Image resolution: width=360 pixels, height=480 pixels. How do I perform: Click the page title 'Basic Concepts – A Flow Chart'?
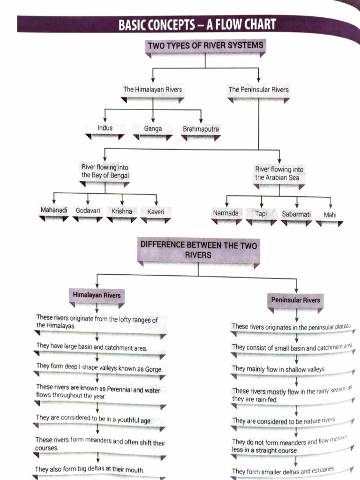click(x=197, y=24)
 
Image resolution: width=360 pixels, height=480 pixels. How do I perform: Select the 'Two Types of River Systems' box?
click(x=205, y=46)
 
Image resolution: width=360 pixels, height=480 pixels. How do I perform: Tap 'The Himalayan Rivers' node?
click(x=152, y=89)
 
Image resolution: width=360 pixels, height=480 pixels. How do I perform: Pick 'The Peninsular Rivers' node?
click(x=258, y=89)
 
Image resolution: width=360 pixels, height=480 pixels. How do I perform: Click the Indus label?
click(x=105, y=128)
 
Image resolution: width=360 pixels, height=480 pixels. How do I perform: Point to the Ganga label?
click(x=153, y=128)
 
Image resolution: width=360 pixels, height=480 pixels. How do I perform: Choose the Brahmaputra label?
click(x=201, y=129)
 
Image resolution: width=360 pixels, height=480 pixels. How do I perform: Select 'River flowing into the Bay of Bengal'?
click(x=105, y=172)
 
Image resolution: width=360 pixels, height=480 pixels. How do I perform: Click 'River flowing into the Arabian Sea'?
click(x=279, y=173)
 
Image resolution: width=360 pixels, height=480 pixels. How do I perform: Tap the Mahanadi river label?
click(x=54, y=211)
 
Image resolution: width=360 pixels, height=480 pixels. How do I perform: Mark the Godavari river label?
click(x=88, y=211)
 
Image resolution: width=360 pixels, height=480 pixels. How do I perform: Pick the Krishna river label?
click(x=122, y=211)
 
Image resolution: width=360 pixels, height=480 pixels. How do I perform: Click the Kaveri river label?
click(x=156, y=212)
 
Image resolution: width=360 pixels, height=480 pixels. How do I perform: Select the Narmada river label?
click(x=226, y=213)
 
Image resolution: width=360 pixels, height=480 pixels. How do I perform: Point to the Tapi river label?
click(x=261, y=213)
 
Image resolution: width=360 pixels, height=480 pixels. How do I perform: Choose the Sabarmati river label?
click(x=296, y=214)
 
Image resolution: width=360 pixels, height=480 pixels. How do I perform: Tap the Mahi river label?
click(x=330, y=215)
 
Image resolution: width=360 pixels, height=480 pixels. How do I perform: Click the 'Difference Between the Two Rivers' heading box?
click(x=198, y=250)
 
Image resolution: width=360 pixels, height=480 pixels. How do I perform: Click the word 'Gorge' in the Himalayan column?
click(x=153, y=370)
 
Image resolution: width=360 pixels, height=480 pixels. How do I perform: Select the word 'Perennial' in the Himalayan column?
click(x=124, y=390)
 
